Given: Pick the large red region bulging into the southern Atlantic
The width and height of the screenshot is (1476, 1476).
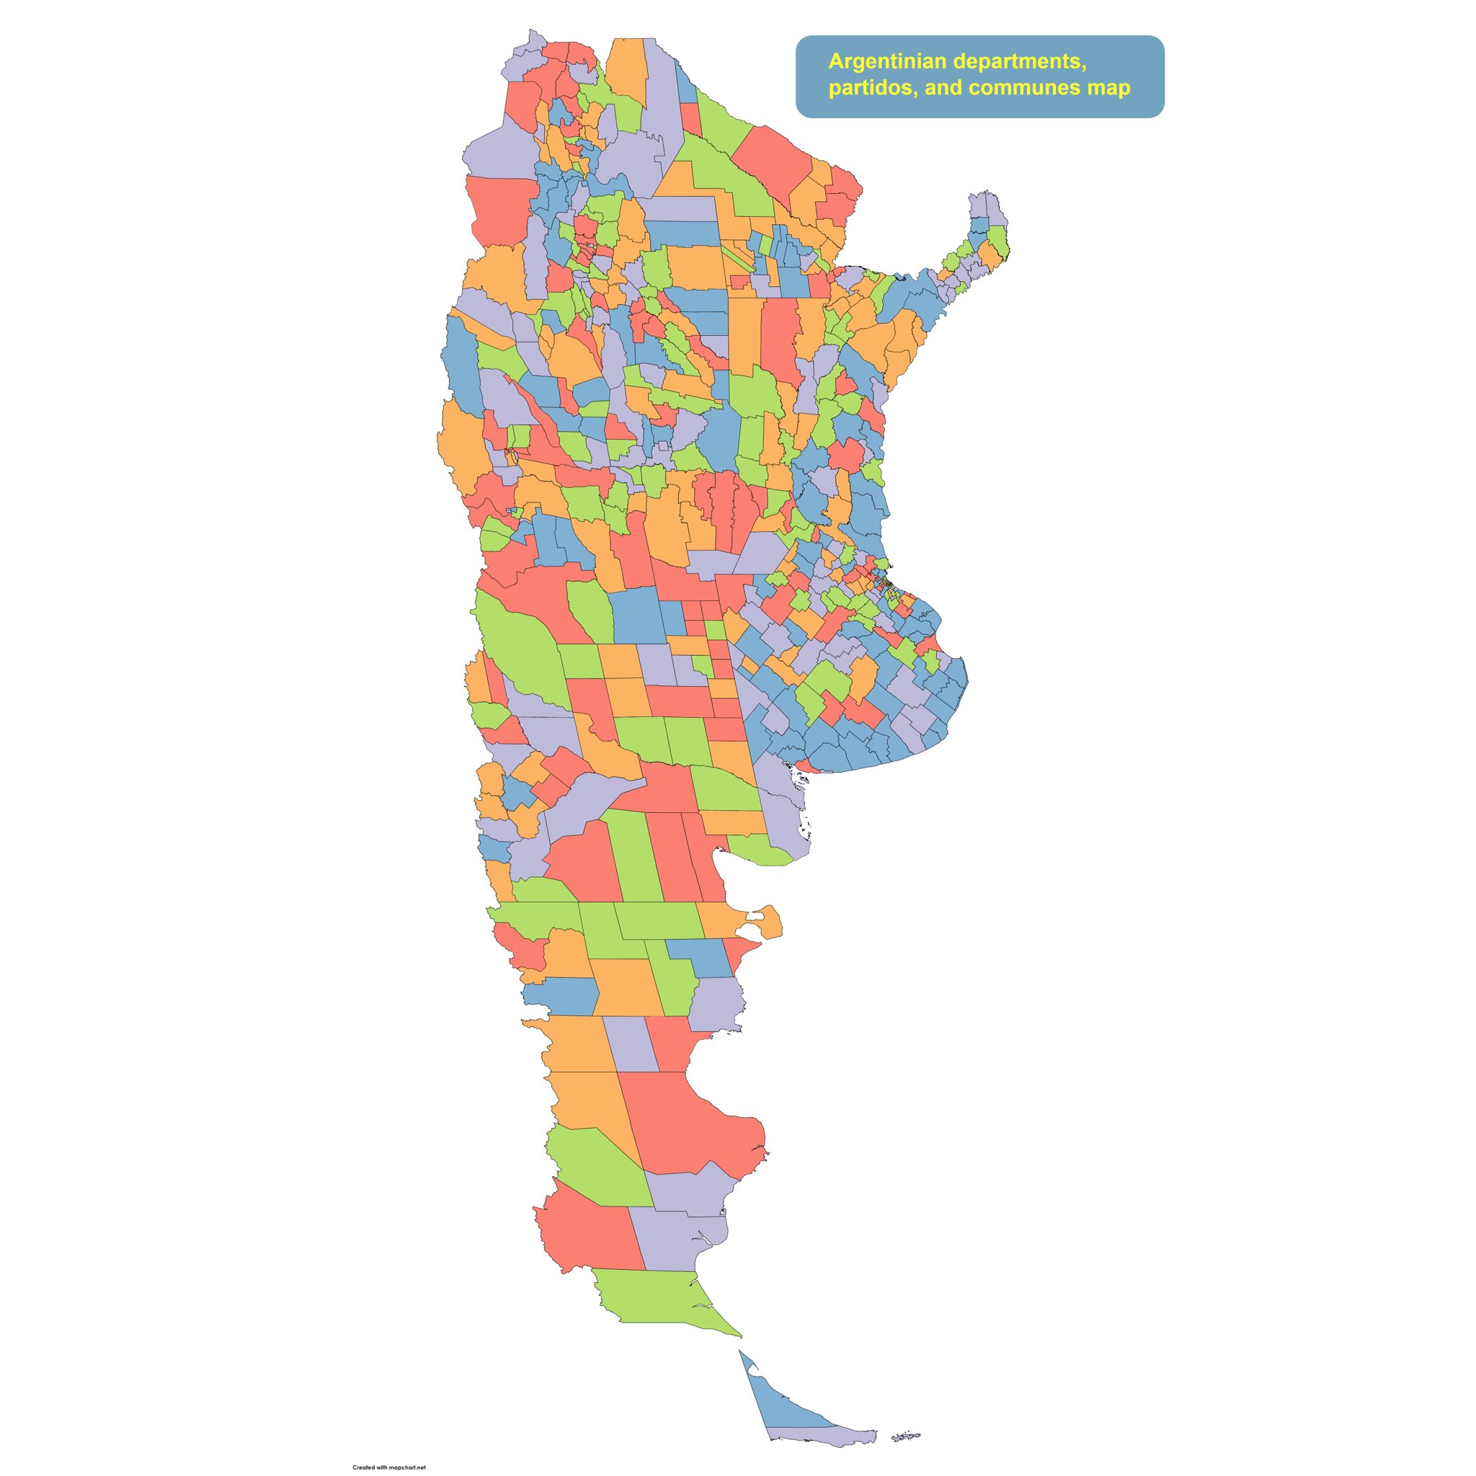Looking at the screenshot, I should (x=688, y=1123).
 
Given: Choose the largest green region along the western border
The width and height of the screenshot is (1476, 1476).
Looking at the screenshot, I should (x=523, y=649).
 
